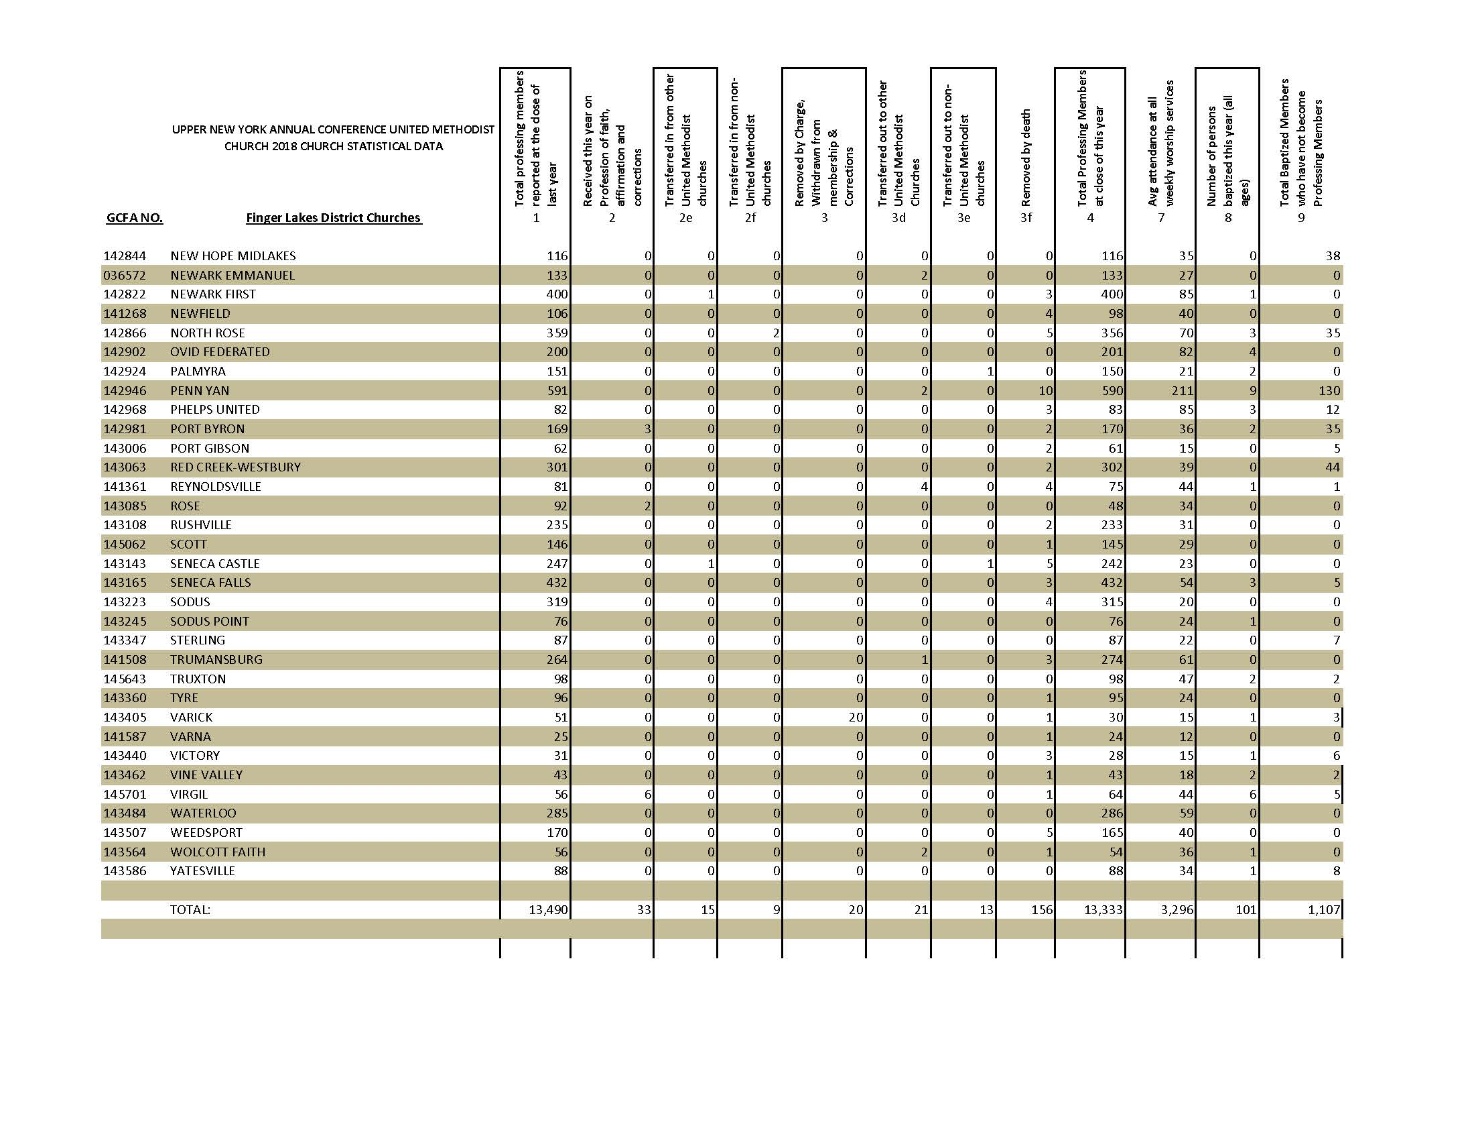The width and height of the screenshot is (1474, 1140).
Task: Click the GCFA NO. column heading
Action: coord(134,218)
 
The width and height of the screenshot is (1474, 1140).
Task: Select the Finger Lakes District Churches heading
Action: coord(334,218)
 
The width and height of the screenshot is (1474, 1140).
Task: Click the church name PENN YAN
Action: coord(200,390)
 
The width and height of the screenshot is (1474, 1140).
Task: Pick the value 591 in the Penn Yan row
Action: coord(557,390)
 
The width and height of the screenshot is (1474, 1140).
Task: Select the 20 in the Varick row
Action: coord(856,718)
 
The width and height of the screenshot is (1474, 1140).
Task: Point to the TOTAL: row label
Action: coord(190,910)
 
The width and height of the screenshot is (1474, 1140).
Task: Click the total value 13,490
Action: coord(548,910)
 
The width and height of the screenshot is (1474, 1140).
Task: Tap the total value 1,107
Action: coord(1323,910)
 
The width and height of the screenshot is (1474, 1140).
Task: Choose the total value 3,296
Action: coord(1177,910)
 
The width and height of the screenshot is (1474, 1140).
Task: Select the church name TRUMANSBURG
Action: coord(216,659)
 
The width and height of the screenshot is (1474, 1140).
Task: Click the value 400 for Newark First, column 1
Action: coord(557,294)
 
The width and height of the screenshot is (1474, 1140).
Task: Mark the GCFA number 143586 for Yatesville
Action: coord(124,871)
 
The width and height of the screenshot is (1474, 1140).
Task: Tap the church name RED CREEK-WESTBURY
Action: coord(236,467)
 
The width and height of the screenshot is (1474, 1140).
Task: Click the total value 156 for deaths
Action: coord(1042,910)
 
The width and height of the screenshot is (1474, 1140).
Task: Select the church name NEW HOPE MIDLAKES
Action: coord(233,256)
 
